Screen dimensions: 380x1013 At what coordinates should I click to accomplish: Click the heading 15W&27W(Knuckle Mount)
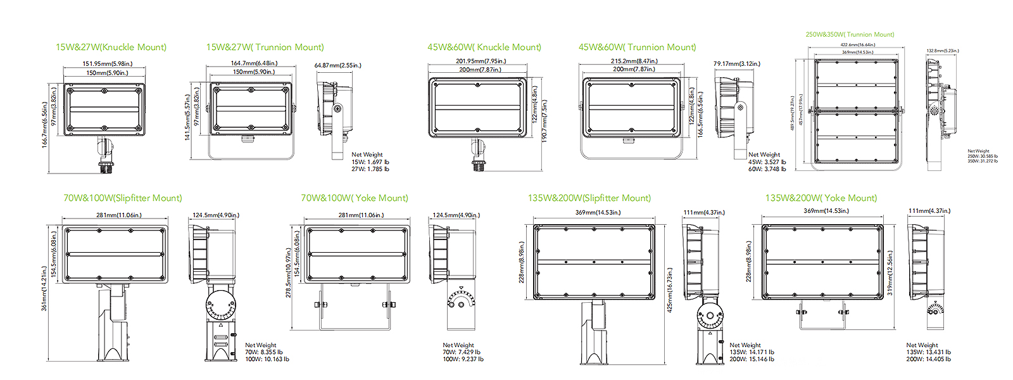coord(111,47)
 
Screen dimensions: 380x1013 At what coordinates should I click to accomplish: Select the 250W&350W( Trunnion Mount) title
coord(850,35)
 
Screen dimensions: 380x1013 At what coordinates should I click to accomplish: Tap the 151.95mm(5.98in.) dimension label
coord(108,64)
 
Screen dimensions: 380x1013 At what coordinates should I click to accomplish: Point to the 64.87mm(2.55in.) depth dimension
coord(337,65)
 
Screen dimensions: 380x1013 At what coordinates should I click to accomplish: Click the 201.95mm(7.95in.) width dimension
coord(481,61)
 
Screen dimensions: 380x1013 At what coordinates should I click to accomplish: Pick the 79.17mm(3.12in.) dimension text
coord(736,64)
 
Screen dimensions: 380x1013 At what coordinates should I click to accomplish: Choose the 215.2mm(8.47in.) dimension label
coord(634,61)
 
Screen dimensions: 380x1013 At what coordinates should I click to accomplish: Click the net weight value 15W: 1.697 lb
coord(370,162)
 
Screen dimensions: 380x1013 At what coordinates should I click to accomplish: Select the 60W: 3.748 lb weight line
coord(767,169)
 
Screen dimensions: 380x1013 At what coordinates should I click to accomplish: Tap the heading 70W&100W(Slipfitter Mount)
coord(122,198)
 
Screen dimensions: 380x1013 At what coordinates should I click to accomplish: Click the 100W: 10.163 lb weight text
coord(267,359)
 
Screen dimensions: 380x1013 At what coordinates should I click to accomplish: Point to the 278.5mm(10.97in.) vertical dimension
coord(289,273)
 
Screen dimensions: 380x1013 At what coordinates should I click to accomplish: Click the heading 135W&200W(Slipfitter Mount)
coord(589,198)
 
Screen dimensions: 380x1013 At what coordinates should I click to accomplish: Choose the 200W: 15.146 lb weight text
coord(752,359)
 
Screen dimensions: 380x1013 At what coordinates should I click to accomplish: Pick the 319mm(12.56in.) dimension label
coord(890,273)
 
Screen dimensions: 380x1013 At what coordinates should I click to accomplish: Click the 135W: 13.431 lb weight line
coord(928,352)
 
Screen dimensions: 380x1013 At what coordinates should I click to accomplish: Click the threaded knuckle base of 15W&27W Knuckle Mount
coord(104,167)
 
